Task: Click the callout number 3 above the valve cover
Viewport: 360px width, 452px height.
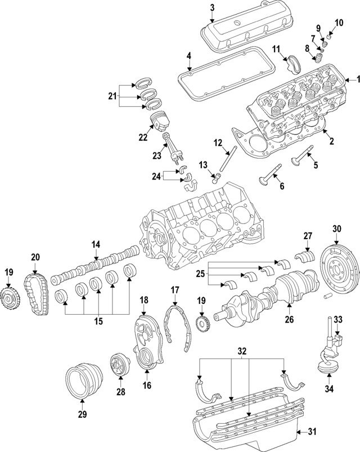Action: coord(212,7)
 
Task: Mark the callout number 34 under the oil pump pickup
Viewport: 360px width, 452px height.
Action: coord(328,388)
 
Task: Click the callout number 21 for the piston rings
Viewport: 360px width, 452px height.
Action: coord(112,96)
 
